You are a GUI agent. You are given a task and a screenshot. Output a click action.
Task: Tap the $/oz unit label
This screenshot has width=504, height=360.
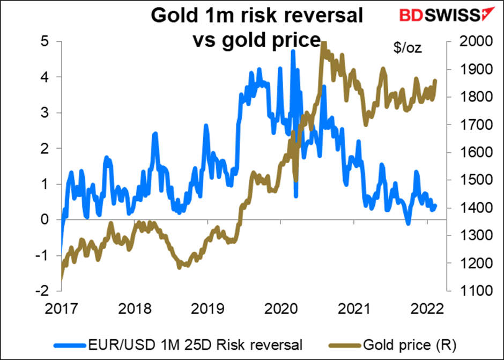[x=407, y=48]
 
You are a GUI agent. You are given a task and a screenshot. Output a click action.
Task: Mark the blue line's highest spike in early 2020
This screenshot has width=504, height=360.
[x=293, y=51]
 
